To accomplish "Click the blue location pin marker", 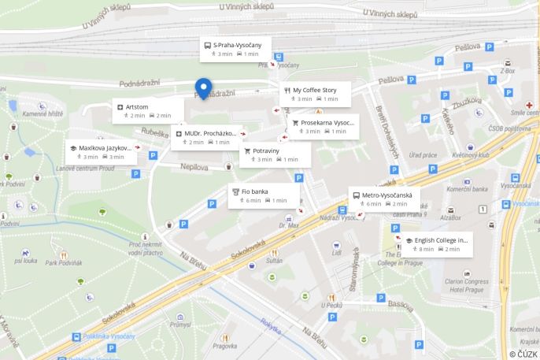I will point(203,88).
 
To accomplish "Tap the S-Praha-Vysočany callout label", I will point(235,49).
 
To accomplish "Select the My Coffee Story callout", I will point(314,94).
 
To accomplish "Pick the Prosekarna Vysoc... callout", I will point(323,127).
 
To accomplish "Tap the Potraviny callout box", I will point(275,154).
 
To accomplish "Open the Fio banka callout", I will point(264,195).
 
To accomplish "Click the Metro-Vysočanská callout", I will point(384,199).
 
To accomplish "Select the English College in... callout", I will point(437,244).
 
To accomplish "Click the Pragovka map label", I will point(224,346).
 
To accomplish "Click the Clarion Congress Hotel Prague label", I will point(468,284).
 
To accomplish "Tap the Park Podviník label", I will point(63,262).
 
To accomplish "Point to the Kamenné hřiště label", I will point(42,113).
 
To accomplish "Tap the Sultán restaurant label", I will point(274,259).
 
